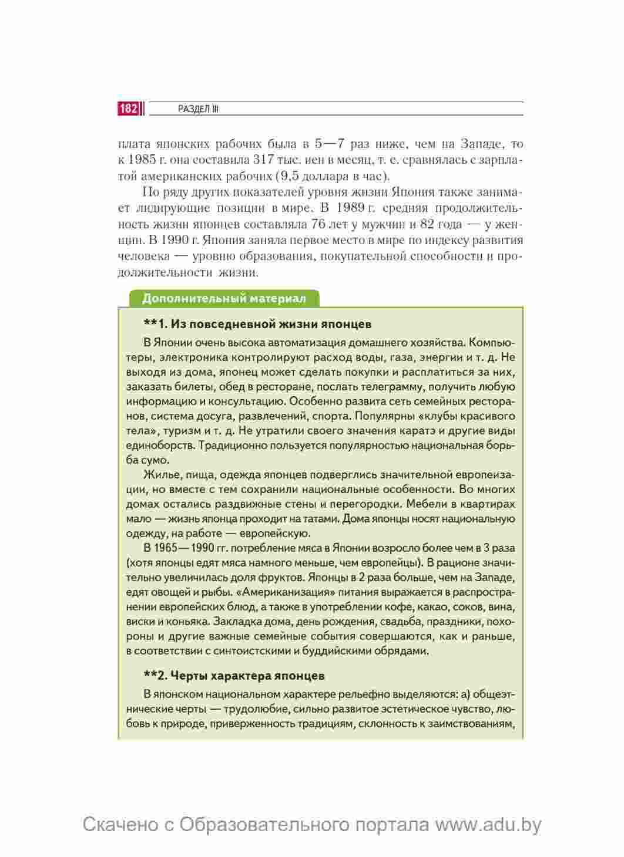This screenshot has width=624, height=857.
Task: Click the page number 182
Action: coord(129,109)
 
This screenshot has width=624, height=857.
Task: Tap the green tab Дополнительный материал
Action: coord(224,298)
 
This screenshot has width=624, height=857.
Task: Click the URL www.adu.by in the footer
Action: coord(488,825)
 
